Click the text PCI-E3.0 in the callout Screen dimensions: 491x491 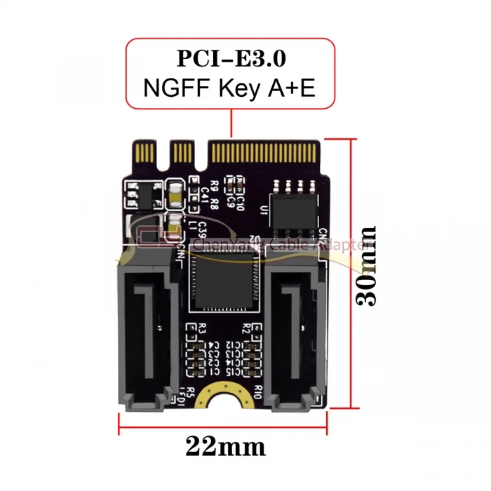point(230,58)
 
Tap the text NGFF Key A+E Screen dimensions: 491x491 point(230,88)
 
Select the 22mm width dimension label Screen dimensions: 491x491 point(226,445)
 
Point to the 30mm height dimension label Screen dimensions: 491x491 point(366,265)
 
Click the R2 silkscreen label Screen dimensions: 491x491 point(246,328)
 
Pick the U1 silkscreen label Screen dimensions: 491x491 point(264,210)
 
